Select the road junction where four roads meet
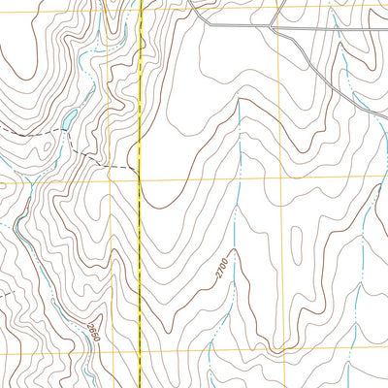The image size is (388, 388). [x=275, y=27]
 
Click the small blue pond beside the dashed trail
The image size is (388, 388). [x=70, y=118]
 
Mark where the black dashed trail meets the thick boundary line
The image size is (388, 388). [x=140, y=169]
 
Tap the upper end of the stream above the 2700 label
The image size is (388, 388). [x=239, y=101]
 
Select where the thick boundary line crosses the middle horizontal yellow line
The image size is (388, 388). [x=140, y=178]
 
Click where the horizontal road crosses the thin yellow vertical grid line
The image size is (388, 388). [x=282, y=28]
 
